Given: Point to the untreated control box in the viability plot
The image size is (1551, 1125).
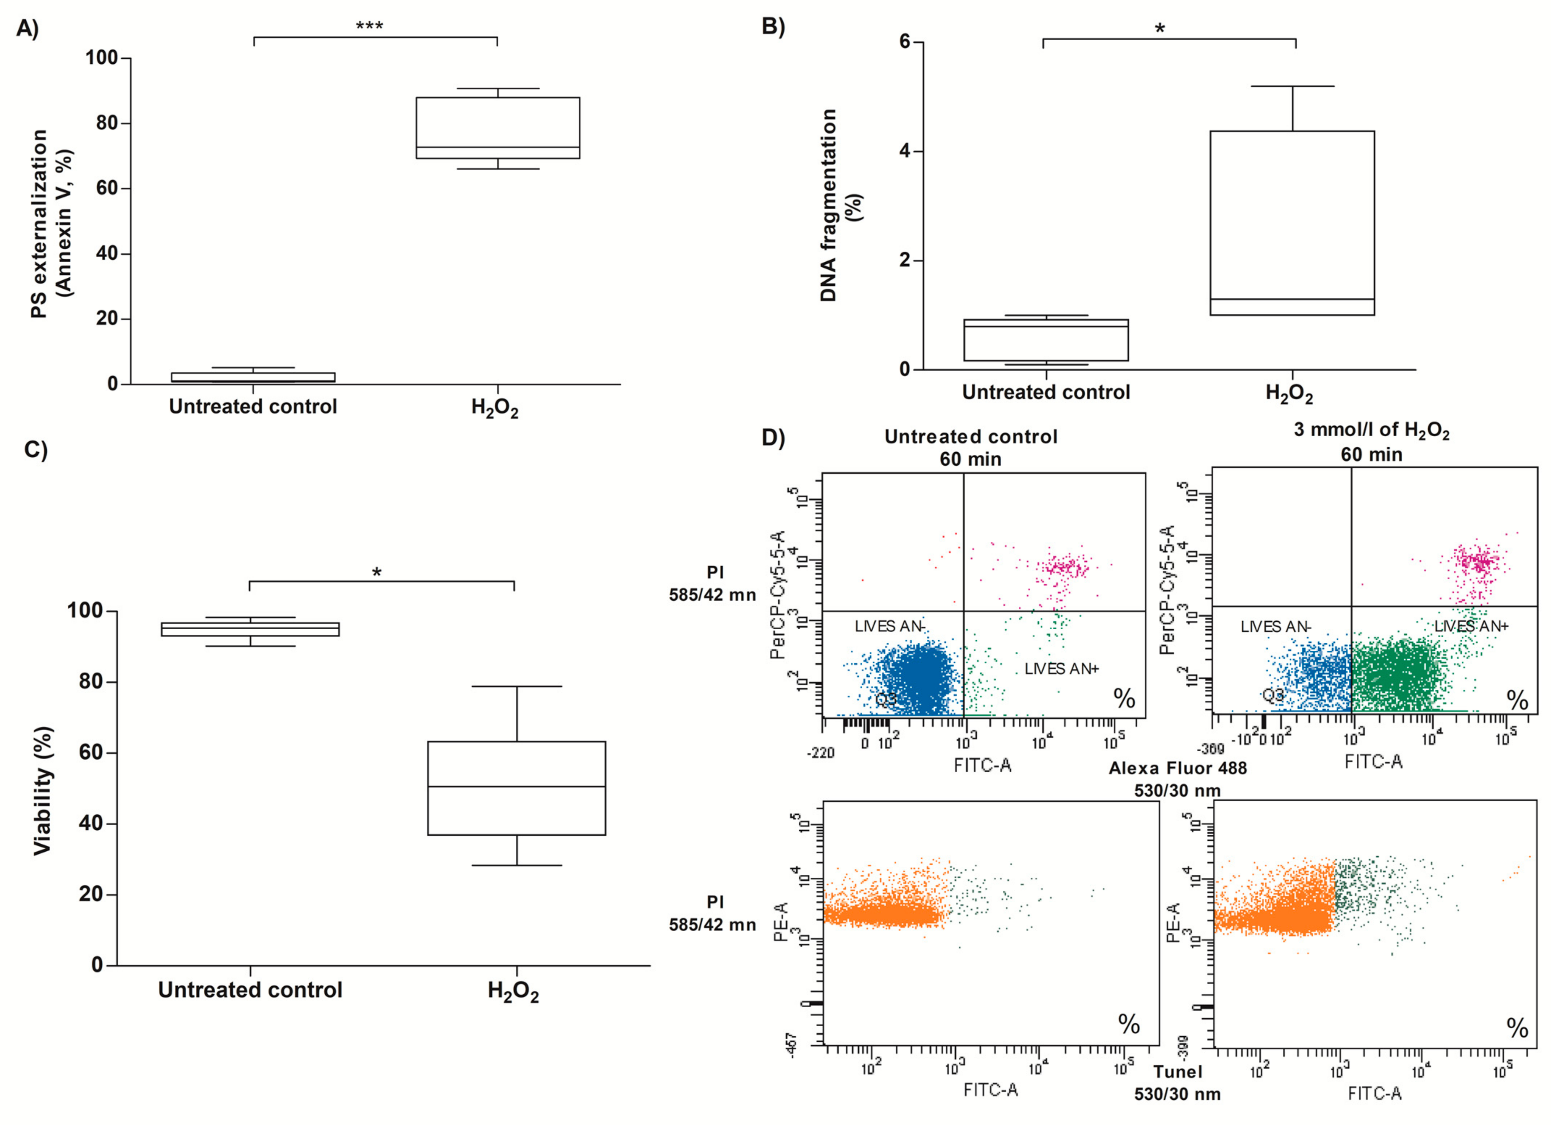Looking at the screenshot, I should point(250,629).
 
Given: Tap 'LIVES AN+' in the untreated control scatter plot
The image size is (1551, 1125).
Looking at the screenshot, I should point(1061,668).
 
